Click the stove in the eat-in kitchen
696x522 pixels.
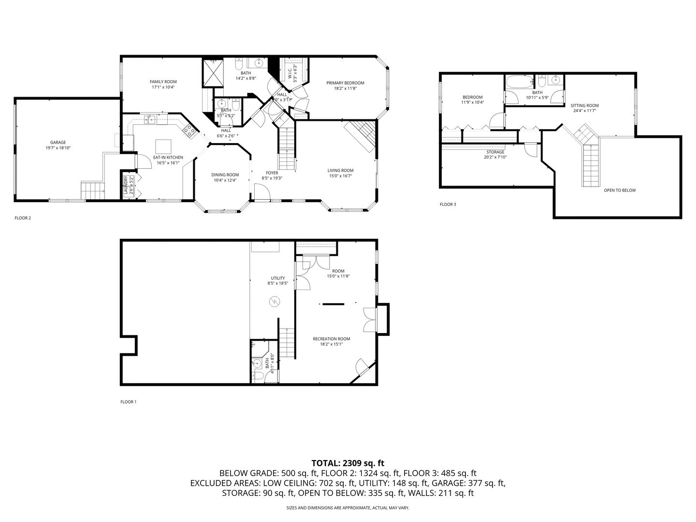(189, 130)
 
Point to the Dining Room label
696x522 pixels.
(225, 175)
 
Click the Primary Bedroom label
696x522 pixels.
(345, 83)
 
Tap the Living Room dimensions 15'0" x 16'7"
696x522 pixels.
(340, 176)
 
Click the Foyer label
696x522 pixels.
(272, 173)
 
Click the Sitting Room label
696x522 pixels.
(584, 105)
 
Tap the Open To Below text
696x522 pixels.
(620, 190)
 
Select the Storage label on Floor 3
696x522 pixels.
(495, 152)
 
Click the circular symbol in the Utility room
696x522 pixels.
(274, 302)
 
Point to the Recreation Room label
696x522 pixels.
(331, 339)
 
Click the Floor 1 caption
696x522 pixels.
(129, 402)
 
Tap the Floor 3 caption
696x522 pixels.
(448, 204)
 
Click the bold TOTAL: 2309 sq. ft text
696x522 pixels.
(348, 463)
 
